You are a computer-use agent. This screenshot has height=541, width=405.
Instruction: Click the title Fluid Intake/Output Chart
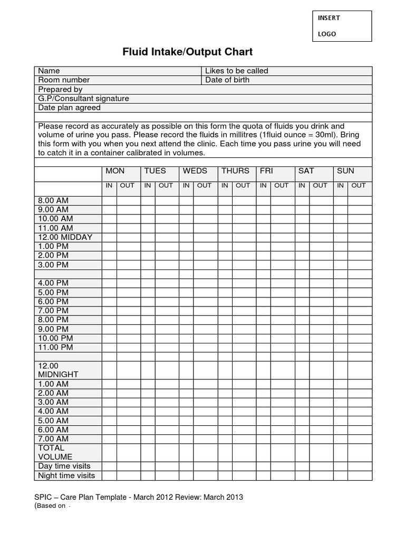coord(188,52)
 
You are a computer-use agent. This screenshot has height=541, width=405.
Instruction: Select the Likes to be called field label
coord(236,71)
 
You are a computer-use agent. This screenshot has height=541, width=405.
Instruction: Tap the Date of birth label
coord(227,80)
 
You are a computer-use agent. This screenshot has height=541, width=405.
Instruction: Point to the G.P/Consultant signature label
coord(83,98)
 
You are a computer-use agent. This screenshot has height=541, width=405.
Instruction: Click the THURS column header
coord(235,171)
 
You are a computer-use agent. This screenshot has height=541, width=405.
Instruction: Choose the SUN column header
coord(345,171)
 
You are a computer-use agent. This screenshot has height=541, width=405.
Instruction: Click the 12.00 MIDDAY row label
coord(65,237)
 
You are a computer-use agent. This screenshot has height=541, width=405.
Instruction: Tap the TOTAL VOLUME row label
coord(55,452)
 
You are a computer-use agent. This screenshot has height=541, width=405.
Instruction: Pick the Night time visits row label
coord(66,475)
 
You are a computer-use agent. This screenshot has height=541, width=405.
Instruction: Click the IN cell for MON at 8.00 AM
coord(109,201)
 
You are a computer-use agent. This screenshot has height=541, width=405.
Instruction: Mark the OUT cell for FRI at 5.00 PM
coord(283,292)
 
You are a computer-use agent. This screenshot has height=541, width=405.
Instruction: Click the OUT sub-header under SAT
coord(320,185)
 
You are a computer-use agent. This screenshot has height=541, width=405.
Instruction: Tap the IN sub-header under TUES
coord(148,185)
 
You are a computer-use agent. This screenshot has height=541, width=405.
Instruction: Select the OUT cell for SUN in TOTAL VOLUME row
coord(360,452)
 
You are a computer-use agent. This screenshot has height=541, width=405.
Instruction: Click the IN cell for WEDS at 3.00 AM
coord(186,402)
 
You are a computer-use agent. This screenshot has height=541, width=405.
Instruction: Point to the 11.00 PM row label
coord(55,347)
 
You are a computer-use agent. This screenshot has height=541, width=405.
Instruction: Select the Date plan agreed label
coord(69,107)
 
